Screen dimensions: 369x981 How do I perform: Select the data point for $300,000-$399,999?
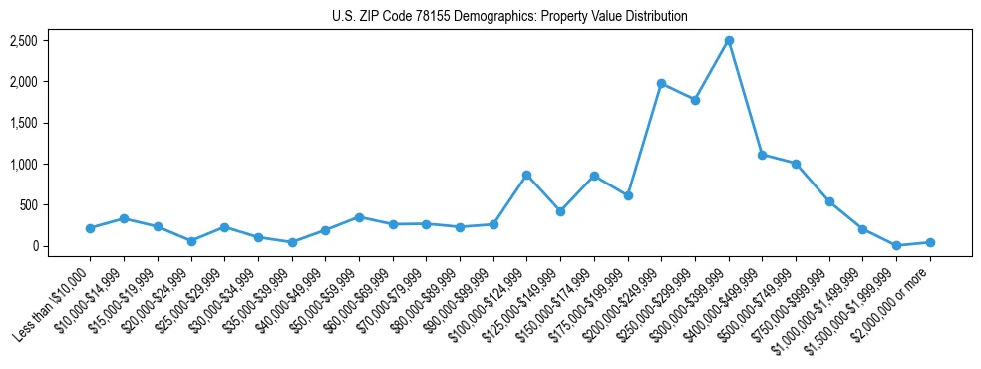pyautogui.click(x=729, y=40)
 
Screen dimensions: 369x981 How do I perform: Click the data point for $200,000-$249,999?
pyautogui.click(x=662, y=83)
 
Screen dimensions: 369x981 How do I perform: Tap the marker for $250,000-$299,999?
pyautogui.click(x=695, y=100)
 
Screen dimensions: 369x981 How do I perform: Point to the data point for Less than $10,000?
pyautogui.click(x=90, y=228)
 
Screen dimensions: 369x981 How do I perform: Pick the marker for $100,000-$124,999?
pyautogui.click(x=526, y=175)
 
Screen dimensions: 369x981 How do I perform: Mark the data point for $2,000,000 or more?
pyautogui.click(x=930, y=242)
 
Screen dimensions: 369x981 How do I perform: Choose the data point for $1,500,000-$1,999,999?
pyautogui.click(x=896, y=245)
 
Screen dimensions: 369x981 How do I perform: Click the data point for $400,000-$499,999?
pyautogui.click(x=763, y=155)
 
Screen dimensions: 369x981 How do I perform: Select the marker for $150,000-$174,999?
pyautogui.click(x=594, y=176)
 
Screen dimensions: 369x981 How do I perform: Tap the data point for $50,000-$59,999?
pyautogui.click(x=359, y=217)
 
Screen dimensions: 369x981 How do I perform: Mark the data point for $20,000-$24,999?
pyautogui.click(x=190, y=241)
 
